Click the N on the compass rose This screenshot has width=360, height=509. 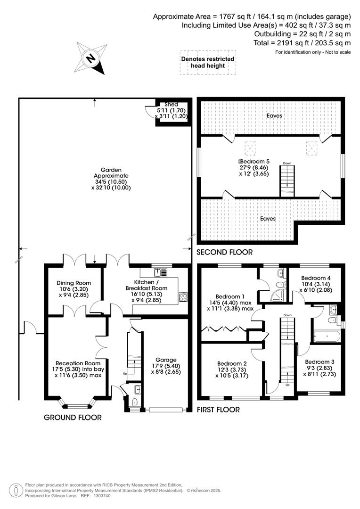coord(90,59)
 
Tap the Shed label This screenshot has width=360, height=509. coord(171,105)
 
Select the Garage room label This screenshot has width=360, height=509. coord(166,360)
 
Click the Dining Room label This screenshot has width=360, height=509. coord(74,283)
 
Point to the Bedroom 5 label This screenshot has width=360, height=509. coord(254,161)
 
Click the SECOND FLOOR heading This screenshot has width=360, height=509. coord(225,252)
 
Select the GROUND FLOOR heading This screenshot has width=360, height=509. coord(73,418)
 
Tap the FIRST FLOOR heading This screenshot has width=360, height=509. coord(218,410)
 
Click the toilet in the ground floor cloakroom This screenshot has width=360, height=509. coord(135,402)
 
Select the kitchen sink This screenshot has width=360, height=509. coord(160,272)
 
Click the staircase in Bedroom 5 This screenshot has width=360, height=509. coord(287,181)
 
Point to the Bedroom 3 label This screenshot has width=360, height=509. coord(320,362)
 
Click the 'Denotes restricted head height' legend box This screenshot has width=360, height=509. coord(208,62)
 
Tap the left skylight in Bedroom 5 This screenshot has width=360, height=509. coord(250,148)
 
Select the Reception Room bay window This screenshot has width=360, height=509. coord(78,403)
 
